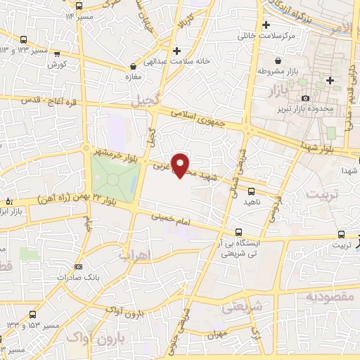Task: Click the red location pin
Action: (181, 165)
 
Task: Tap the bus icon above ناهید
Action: (252, 190)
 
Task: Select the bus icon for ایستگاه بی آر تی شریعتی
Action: (239, 232)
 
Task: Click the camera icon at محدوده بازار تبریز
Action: (304, 98)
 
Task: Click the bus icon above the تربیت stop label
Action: (341, 235)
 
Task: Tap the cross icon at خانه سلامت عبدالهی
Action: (176, 51)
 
